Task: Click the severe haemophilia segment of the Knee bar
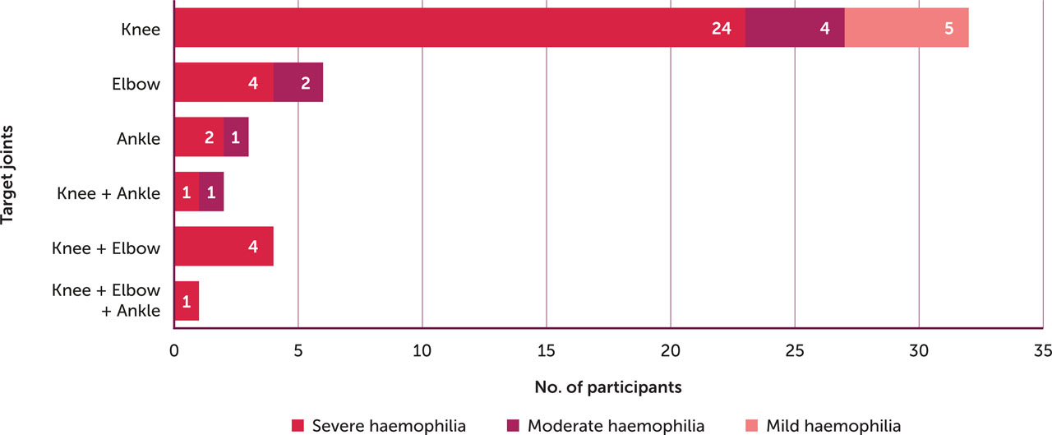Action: (x=460, y=28)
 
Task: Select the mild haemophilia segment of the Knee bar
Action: (x=907, y=28)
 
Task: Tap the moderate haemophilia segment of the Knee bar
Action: (x=795, y=28)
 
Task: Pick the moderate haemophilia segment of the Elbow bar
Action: (x=298, y=82)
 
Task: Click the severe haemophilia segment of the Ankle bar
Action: (x=199, y=137)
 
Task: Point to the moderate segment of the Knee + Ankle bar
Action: (x=211, y=192)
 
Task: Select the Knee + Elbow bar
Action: (x=224, y=247)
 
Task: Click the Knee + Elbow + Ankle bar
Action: (x=187, y=301)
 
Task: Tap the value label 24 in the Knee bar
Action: (x=722, y=28)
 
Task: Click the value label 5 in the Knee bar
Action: (x=948, y=28)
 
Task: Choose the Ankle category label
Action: (x=138, y=137)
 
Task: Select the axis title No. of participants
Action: (x=608, y=385)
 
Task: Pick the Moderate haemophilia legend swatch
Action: (x=514, y=425)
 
